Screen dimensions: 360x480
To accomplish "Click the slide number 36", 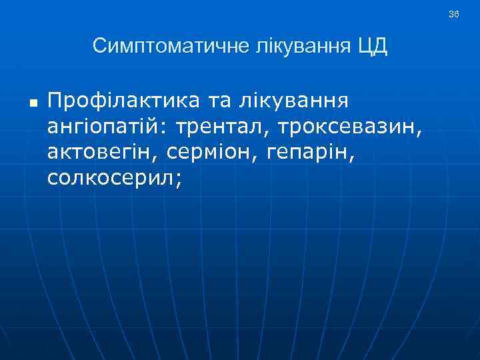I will (453, 14).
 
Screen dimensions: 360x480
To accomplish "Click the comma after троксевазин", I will (419, 131).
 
